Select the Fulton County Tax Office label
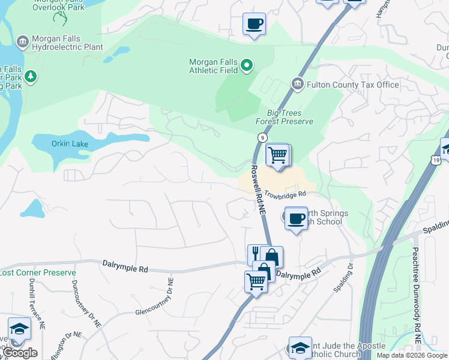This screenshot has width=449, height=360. (353, 85)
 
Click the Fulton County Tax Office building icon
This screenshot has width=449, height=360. (297, 84)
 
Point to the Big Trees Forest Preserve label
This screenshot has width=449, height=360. (285, 117)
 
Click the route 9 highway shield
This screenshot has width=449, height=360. (262, 137)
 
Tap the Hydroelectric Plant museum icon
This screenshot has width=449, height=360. (22, 41)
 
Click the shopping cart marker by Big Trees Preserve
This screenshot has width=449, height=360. (277, 155)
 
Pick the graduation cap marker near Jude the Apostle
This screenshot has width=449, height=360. (300, 348)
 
